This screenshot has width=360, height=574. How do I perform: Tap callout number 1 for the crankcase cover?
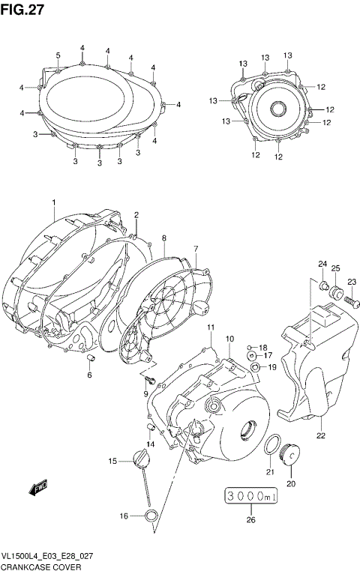pos(54,202)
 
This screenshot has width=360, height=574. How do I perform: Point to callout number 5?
pos(58,55)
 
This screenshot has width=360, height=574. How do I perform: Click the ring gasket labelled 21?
pos(274,444)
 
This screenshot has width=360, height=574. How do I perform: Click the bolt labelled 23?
pos(348,301)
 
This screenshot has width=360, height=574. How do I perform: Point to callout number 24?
pos(322,263)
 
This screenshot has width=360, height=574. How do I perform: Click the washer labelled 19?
pos(256,366)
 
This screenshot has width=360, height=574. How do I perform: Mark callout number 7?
pos(196,249)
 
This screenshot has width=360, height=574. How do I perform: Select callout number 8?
pos(163,238)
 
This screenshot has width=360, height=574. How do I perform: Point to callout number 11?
pos(211,327)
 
